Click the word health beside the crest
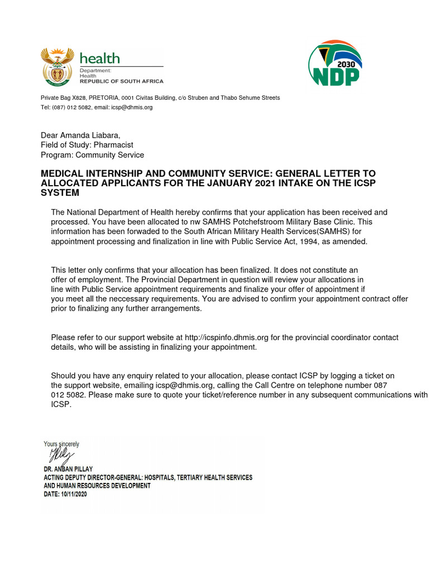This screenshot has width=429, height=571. pyautogui.click(x=99, y=59)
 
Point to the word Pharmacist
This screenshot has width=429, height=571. pyautogui.click(x=113, y=145)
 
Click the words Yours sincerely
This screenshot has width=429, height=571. pyautogui.click(x=61, y=444)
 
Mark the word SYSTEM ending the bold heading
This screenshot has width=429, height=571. pyautogui.click(x=60, y=193)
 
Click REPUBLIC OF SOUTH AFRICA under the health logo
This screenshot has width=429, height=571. pyautogui.click(x=121, y=81)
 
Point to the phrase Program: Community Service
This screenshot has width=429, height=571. pyautogui.click(x=92, y=155)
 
